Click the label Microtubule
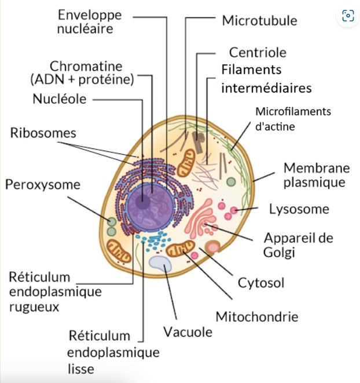pyautogui.click(x=259, y=21)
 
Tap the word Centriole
pyautogui.click(x=258, y=53)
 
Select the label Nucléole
pyautogui.click(x=60, y=99)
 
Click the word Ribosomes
pyautogui.click(x=43, y=133)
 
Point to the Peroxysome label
pyautogui.click(x=43, y=185)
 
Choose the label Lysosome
pyautogui.click(x=299, y=209)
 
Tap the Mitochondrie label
pyautogui.click(x=257, y=317)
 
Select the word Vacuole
pyautogui.click(x=187, y=333)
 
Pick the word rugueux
pyautogui.click(x=34, y=307)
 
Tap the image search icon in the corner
pyautogui.click(x=348, y=16)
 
